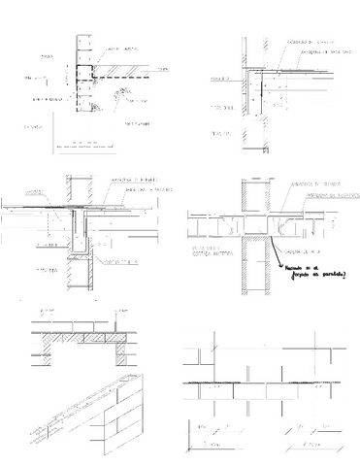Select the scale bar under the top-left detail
[86, 147]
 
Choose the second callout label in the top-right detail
[303, 51]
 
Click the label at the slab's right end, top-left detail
[162, 71]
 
